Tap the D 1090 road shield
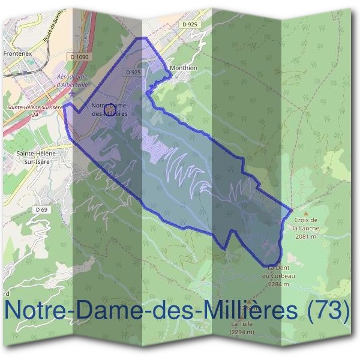pyautogui.click(x=79, y=57)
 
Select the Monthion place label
pyautogui.click(x=184, y=68)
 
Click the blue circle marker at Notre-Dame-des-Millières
pyautogui.click(x=109, y=109)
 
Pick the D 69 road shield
pyautogui.click(x=41, y=209)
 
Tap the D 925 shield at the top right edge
pyautogui.click(x=188, y=24)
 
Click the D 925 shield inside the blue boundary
pyautogui.click(x=133, y=72)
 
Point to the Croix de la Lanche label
pyautogui.click(x=305, y=224)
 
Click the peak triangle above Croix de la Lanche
pyautogui.click(x=306, y=213)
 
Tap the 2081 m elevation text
pyautogui.click(x=305, y=236)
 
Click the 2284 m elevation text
pyautogui.click(x=279, y=284)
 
